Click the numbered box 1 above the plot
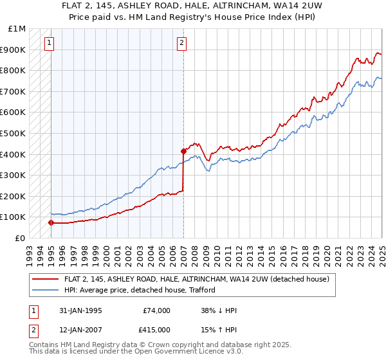coord(50,43)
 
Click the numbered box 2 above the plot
coord(182,43)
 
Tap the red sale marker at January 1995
coord(51,222)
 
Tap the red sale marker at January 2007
coord(183,152)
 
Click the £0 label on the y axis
coord(20,238)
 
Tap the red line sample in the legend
coord(46,279)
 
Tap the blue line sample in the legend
coord(46,291)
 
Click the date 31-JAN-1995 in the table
coord(79,310)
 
